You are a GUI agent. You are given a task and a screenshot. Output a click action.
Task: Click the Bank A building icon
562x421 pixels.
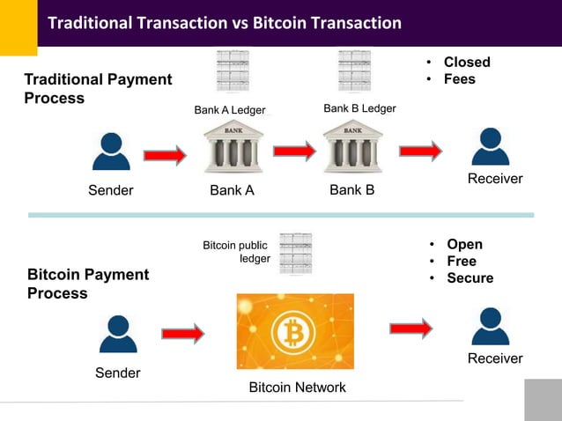[x=233, y=147]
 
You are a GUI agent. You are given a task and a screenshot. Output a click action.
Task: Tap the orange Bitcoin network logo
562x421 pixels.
[x=295, y=331]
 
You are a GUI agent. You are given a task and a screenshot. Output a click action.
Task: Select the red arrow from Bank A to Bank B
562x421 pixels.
[x=293, y=151]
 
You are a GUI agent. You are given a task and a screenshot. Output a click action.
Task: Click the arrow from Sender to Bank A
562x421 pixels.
[x=165, y=156]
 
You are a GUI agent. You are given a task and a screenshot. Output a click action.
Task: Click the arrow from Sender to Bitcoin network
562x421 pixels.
[x=182, y=334]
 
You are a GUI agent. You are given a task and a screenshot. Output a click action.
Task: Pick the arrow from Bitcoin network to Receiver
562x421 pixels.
[x=411, y=328]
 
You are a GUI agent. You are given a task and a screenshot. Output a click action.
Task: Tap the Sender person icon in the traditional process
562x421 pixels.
[x=111, y=151]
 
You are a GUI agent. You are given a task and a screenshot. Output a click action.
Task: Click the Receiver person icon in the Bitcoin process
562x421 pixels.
[x=490, y=325]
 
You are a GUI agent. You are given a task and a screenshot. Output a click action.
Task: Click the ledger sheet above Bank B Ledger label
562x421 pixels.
[x=354, y=70]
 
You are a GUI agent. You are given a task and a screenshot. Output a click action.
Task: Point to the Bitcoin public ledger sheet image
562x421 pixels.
[x=296, y=253]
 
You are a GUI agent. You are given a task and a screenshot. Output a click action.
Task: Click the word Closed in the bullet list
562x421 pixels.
[x=467, y=63]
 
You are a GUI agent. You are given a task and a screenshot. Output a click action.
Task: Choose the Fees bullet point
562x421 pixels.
[x=459, y=79]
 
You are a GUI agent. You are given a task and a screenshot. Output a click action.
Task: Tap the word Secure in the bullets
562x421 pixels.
[x=470, y=278]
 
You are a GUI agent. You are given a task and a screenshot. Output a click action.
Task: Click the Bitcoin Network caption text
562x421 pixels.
[x=297, y=388]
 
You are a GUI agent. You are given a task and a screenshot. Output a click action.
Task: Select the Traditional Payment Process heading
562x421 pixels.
[x=98, y=89]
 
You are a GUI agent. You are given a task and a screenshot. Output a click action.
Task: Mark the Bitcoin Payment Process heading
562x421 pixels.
[x=88, y=284]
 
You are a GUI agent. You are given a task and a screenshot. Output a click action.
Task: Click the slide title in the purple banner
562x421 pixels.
[x=224, y=23]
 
